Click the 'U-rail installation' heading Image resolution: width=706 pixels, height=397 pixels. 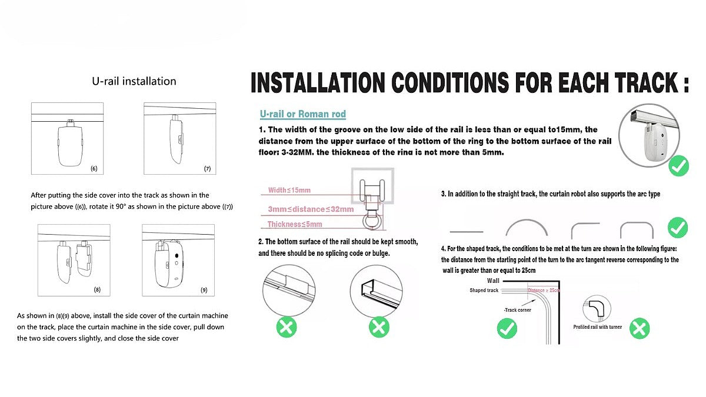pos(134,81)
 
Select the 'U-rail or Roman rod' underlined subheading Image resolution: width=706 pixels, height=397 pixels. pos(303,114)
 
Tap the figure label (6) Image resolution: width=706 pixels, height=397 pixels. pos(94,169)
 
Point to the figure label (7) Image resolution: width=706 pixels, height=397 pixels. pos(207,169)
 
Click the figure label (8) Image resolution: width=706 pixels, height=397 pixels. pos(97,290)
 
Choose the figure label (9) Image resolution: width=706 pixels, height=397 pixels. pos(204,290)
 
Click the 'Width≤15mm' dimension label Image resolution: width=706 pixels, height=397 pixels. pos(289,190)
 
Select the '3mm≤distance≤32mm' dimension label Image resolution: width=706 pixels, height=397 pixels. pos(311,209)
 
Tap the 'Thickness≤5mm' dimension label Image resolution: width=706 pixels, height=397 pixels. pos(295,224)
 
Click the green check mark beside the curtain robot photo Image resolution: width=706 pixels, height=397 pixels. pos(679,166)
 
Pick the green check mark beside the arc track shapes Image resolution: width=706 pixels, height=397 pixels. pos(678,227)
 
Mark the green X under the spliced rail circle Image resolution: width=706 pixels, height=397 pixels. pos(287,326)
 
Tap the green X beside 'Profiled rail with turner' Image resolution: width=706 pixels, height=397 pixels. pos(639,328)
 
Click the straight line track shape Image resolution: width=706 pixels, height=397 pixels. pos(466,232)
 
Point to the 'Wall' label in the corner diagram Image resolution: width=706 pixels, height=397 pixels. pos(493,281)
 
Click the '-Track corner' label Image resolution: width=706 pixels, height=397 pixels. pos(517,310)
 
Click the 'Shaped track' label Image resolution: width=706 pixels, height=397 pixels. pos(484,291)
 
